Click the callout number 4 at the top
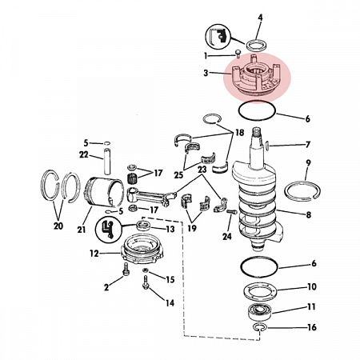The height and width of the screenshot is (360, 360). click(260, 18)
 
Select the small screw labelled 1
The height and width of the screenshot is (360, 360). click(238, 53)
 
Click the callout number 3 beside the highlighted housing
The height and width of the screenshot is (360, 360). click(206, 73)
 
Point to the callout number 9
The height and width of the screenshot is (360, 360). click(309, 162)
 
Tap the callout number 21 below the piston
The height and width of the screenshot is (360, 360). click(82, 230)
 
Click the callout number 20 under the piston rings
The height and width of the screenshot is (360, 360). click(58, 226)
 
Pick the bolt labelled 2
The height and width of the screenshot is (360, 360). click(126, 269)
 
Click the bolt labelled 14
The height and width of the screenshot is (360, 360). click(146, 282)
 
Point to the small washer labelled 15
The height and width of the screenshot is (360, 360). click(146, 270)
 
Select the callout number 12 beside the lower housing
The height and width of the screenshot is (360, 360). click(94, 254)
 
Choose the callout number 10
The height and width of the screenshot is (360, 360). click(312, 286)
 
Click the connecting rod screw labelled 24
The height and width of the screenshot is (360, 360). click(232, 212)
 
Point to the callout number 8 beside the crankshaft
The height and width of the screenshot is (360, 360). click(309, 214)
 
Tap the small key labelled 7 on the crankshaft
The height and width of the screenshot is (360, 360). click(267, 145)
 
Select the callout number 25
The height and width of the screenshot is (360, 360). click(178, 175)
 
